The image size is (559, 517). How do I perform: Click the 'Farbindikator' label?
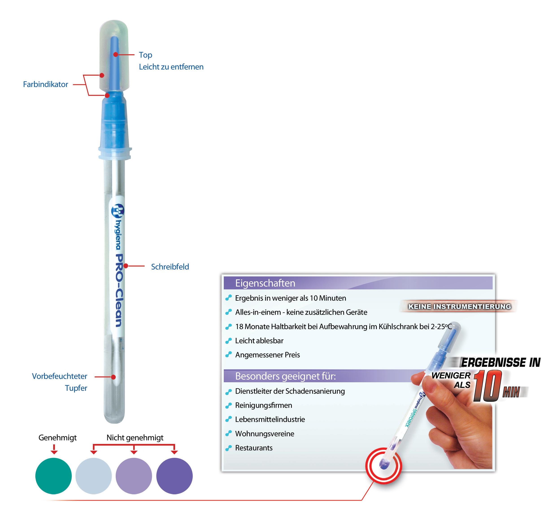45,84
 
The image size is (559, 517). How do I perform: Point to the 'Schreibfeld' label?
170,267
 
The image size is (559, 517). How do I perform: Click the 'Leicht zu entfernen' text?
171,67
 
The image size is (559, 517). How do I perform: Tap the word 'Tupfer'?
76,388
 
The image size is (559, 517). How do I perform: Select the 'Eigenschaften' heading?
265,283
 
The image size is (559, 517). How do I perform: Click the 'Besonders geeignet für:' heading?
285,376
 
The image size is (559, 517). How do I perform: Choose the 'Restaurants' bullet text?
253,448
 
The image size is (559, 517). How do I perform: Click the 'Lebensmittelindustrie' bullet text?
270,419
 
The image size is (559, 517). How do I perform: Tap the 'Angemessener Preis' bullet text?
267,355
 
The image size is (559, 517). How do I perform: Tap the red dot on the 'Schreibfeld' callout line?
126,266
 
